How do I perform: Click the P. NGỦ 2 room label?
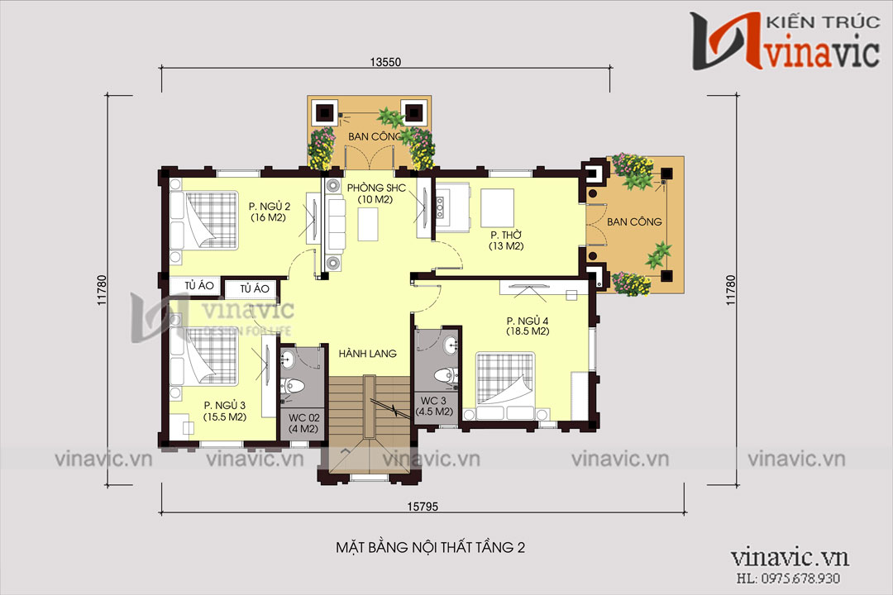270,207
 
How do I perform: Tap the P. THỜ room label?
506,236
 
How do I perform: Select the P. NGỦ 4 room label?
528,321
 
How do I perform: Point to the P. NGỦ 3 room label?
225,406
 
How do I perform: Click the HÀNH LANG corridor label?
368,354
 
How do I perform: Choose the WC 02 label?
303,418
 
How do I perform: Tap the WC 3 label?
434,401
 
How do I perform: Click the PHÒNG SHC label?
376,188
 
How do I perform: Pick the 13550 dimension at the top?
385,62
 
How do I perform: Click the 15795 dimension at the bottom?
423,507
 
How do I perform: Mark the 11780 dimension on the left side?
103,290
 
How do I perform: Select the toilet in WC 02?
294,385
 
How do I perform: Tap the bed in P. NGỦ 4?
506,386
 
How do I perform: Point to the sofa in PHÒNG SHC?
334,224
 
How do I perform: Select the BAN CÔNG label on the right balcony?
634,222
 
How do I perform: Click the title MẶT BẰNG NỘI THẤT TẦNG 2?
431,547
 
